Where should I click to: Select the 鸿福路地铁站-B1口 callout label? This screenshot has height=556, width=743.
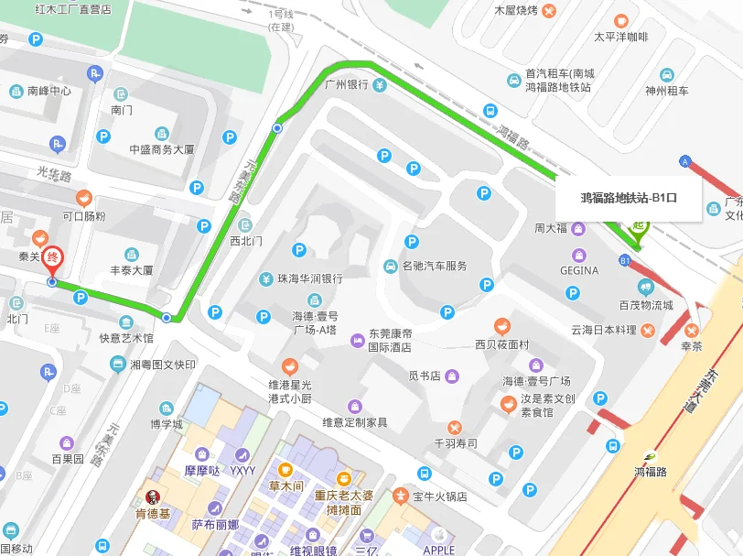[x=629, y=197]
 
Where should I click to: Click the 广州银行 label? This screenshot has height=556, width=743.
[x=347, y=84]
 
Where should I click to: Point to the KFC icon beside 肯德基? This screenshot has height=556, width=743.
[x=153, y=497]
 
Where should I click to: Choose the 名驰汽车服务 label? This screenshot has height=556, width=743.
[x=435, y=266]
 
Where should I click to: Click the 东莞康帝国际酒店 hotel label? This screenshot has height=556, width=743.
[x=390, y=341]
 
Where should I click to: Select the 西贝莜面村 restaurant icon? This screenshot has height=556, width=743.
[x=502, y=326]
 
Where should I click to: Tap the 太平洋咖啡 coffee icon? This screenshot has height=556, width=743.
[x=621, y=20]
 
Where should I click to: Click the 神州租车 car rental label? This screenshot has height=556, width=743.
[x=667, y=91]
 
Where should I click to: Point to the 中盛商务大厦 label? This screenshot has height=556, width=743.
[x=161, y=149]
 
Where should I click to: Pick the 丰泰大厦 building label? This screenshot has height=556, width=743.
[x=132, y=270]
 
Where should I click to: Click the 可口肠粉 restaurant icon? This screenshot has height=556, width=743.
[x=83, y=197]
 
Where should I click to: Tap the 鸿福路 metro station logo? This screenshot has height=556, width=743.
[x=651, y=456]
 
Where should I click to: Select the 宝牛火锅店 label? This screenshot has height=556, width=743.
[x=439, y=496]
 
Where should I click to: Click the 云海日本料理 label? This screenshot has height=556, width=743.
[x=604, y=330]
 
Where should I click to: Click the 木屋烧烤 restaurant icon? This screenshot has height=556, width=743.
[x=548, y=11]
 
